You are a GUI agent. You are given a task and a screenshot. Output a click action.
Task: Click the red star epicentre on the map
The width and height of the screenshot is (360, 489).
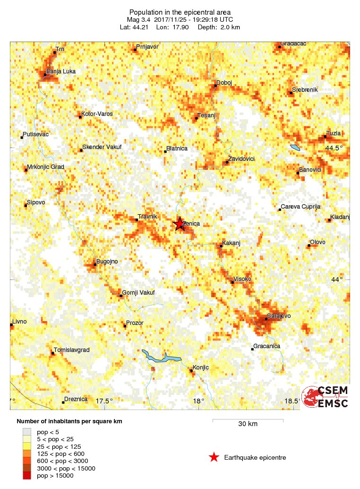pyautogui.click(x=179, y=224)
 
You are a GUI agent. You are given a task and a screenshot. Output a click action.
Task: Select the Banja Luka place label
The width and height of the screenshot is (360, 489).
pyautogui.click(x=60, y=71)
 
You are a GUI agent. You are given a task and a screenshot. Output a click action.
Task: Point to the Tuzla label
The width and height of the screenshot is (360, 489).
pyautogui.click(x=334, y=133)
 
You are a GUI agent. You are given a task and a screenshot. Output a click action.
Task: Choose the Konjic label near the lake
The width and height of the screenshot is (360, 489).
pyautogui.click(x=201, y=367)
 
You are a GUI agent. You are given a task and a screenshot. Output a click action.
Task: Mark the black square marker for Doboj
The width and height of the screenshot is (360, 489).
pyautogui.click(x=215, y=86)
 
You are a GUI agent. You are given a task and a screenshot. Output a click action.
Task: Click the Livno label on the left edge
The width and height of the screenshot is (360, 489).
pyautogui.click(x=19, y=322)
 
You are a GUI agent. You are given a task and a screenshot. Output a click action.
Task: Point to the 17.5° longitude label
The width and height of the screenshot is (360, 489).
pyautogui.click(x=104, y=401)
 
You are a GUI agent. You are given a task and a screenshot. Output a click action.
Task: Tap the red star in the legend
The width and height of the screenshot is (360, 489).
pyautogui.click(x=214, y=457)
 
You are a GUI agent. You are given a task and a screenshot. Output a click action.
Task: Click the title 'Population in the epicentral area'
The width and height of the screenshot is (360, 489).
pyautogui.click(x=180, y=12)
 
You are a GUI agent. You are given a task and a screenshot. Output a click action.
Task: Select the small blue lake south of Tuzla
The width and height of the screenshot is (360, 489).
pyautogui.click(x=295, y=148)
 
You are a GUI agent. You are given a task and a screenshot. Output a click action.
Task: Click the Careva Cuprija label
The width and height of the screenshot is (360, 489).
pyautogui.click(x=301, y=207)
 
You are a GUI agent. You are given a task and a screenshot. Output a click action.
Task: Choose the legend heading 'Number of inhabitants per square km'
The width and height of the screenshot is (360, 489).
pyautogui.click(x=72, y=421)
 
